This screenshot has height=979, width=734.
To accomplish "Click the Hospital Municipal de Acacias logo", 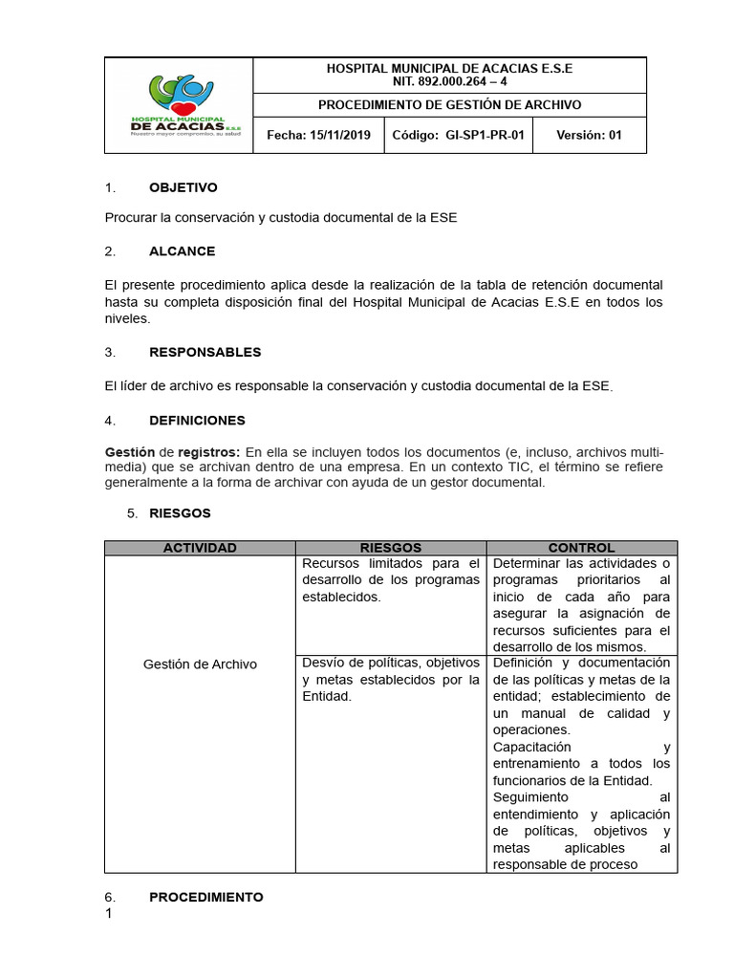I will [179, 105].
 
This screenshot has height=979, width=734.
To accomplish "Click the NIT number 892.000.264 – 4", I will [449, 81].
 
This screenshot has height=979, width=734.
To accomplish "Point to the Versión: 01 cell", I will [589, 136].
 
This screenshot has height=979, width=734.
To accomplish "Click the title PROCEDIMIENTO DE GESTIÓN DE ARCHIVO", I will [449, 105].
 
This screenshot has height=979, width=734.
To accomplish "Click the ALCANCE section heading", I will [182, 251].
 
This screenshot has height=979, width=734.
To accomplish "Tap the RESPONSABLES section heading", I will [205, 352].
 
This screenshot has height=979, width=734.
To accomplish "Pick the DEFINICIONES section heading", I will [197, 420].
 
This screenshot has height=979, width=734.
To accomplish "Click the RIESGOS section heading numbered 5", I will [180, 513].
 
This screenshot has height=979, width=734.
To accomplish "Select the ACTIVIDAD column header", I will [200, 548].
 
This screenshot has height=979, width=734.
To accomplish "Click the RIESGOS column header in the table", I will [390, 548].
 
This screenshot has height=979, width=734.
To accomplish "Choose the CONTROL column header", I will [581, 548].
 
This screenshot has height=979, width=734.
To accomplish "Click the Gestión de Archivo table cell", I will [200, 664].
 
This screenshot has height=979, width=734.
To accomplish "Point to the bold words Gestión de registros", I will [172, 451].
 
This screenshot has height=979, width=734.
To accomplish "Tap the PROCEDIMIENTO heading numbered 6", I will [205, 897].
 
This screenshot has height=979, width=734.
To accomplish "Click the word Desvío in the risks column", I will [321, 663].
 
